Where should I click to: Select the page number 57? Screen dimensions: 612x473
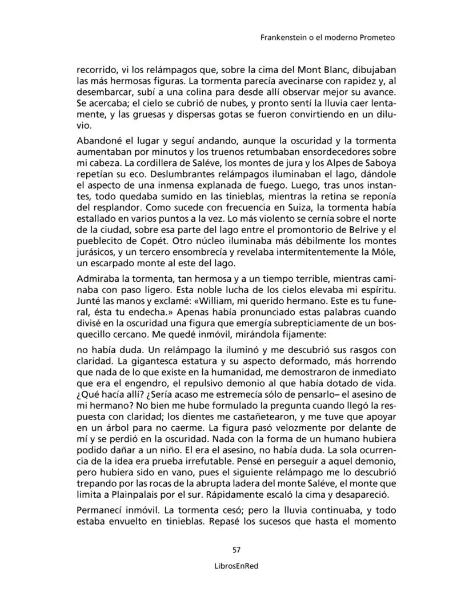[x=236, y=550]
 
